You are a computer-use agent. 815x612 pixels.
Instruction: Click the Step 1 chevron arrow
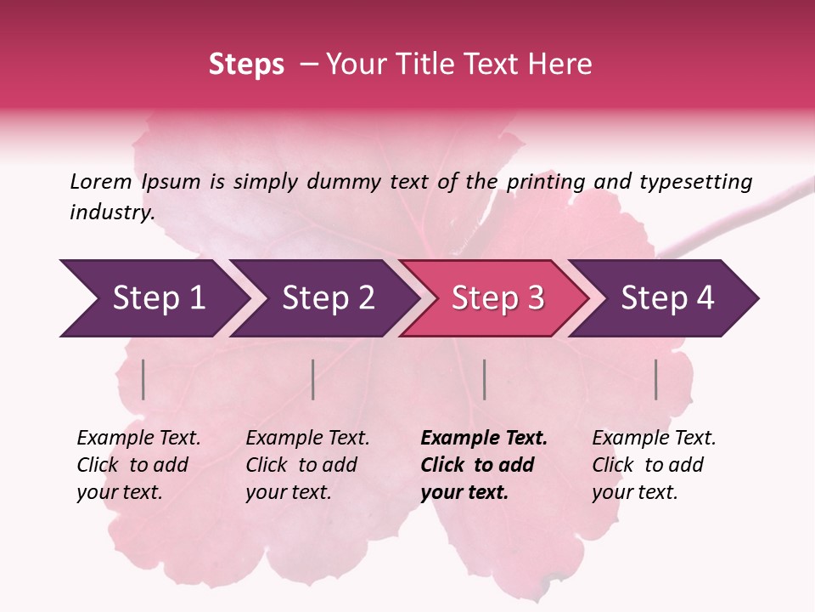[153, 298]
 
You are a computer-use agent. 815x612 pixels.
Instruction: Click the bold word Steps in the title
[246, 65]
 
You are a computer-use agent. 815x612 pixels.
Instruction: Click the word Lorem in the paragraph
[100, 181]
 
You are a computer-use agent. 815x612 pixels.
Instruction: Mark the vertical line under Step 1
[143, 379]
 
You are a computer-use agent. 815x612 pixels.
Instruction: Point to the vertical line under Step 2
[313, 379]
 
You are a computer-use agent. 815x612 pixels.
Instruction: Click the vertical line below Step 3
[484, 379]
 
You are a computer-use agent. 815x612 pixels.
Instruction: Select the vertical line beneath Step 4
[655, 379]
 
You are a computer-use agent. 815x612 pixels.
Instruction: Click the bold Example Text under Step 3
[484, 439]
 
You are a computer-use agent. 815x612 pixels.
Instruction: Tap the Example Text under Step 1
[138, 439]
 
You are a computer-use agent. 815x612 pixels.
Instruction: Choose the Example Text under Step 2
[307, 439]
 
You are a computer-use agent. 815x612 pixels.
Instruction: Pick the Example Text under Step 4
[654, 439]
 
